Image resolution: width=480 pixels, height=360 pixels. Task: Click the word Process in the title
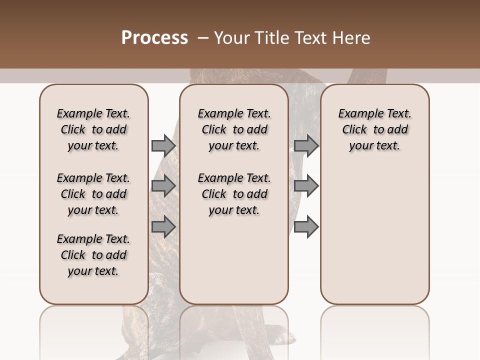click(x=154, y=38)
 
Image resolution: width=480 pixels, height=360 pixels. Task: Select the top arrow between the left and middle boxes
click(x=163, y=145)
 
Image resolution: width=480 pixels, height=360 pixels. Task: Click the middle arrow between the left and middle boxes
click(x=163, y=186)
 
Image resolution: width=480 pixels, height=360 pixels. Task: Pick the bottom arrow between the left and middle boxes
click(x=163, y=227)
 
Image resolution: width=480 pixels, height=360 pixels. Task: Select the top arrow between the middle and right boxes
click(x=306, y=145)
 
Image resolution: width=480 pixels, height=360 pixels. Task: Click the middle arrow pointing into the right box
click(x=306, y=186)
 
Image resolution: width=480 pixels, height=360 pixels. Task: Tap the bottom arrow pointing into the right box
click(x=306, y=227)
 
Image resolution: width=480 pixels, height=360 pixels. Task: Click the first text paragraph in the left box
click(x=93, y=129)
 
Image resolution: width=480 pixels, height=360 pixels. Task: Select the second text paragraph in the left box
click(x=93, y=194)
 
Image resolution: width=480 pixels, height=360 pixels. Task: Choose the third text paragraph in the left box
click(x=93, y=255)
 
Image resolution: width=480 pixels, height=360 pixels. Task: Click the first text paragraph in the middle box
click(x=234, y=129)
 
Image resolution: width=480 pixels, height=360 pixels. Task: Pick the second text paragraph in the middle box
click(x=234, y=194)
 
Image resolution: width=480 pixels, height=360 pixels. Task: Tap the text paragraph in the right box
click(x=374, y=129)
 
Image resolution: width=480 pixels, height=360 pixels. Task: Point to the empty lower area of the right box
click(x=374, y=235)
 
